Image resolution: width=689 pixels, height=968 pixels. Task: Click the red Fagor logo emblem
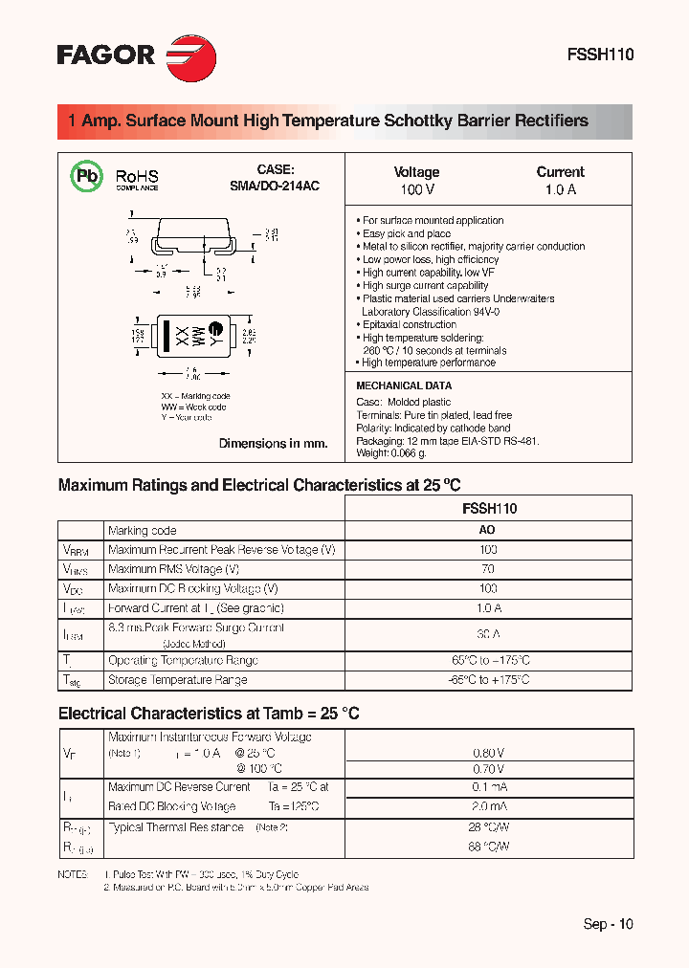pyautogui.click(x=191, y=55)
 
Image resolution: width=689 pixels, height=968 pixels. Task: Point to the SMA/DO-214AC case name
pyautogui.click(x=274, y=186)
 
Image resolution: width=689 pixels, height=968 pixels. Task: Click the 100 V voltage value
pyautogui.click(x=416, y=189)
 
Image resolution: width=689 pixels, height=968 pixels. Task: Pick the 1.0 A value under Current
pyautogui.click(x=560, y=189)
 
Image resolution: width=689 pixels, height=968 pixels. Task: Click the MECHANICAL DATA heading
pyautogui.click(x=404, y=385)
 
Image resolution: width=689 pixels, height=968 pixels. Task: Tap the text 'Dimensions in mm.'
pyautogui.click(x=273, y=443)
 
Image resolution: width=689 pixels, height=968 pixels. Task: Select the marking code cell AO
pyautogui.click(x=487, y=531)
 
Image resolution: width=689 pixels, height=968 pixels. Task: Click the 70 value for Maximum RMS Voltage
pyautogui.click(x=488, y=569)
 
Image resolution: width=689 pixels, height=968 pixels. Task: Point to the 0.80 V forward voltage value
pyautogui.click(x=488, y=752)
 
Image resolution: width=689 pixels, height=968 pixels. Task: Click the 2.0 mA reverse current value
pyautogui.click(x=488, y=806)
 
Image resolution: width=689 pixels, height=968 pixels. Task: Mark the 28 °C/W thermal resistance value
pyautogui.click(x=488, y=826)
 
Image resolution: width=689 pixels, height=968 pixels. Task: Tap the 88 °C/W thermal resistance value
pyautogui.click(x=488, y=847)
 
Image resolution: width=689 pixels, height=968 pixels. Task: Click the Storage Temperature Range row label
pyautogui.click(x=178, y=680)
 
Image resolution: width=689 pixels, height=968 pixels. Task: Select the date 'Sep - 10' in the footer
pyautogui.click(x=608, y=924)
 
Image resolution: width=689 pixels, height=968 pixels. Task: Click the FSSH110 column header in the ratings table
pyautogui.click(x=488, y=508)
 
